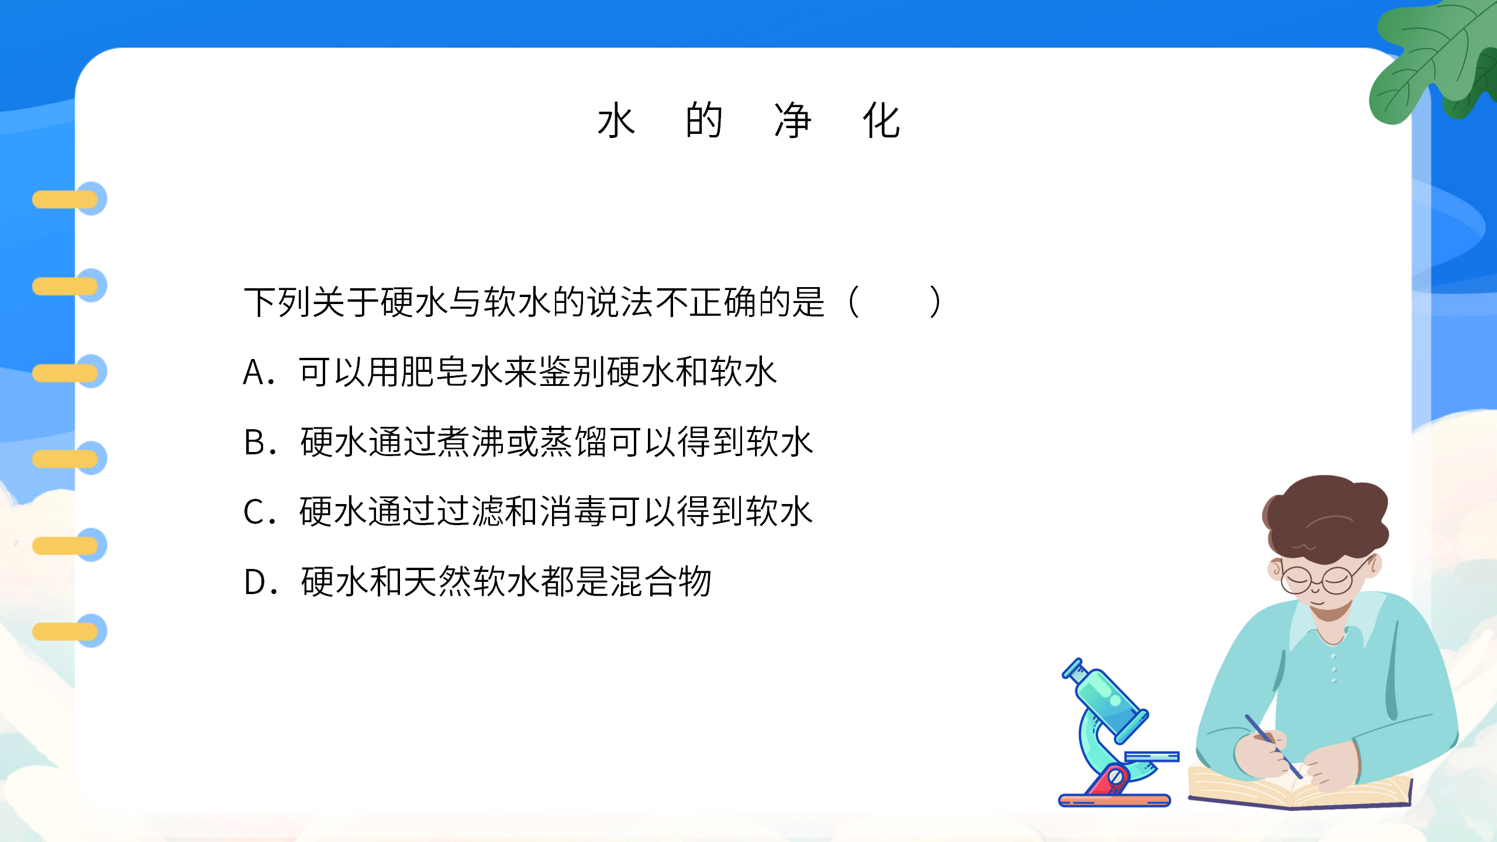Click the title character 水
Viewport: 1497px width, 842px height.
coord(616,120)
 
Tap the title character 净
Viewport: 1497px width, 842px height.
coord(793,120)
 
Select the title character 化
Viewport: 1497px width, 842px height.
coord(881,120)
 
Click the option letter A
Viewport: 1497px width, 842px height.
coord(254,372)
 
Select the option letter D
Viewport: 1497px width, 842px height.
coord(255,582)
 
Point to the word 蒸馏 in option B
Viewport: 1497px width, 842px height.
coord(574,442)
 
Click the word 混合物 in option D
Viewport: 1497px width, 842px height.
coord(661,582)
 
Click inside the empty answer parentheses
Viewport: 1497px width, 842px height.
coord(895,302)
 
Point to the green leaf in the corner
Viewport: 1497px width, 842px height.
coord(1433,58)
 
